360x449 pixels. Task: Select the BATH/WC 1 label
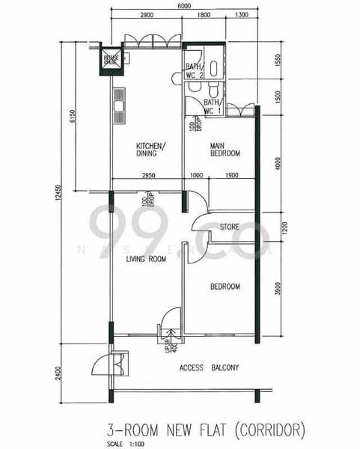click(212, 106)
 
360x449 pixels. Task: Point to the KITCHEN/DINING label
click(151, 149)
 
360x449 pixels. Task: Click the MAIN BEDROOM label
click(225, 149)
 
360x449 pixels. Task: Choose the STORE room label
click(229, 226)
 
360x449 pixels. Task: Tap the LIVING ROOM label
click(146, 260)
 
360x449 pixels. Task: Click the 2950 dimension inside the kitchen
click(147, 175)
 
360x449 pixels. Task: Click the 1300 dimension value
click(241, 16)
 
